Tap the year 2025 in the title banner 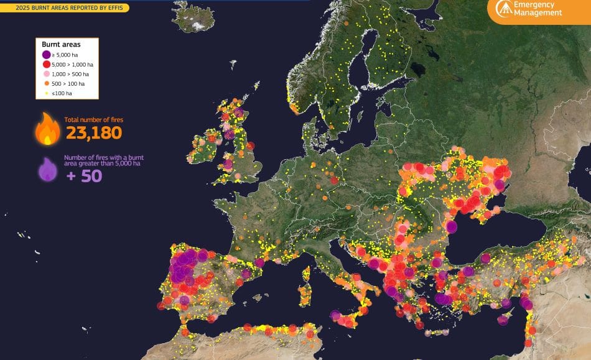24,8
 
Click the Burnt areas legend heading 61,44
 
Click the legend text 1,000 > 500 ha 69,74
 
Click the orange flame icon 47,129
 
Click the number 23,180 93,132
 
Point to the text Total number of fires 91,119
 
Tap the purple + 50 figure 83,175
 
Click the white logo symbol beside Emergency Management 504,8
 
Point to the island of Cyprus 505,320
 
